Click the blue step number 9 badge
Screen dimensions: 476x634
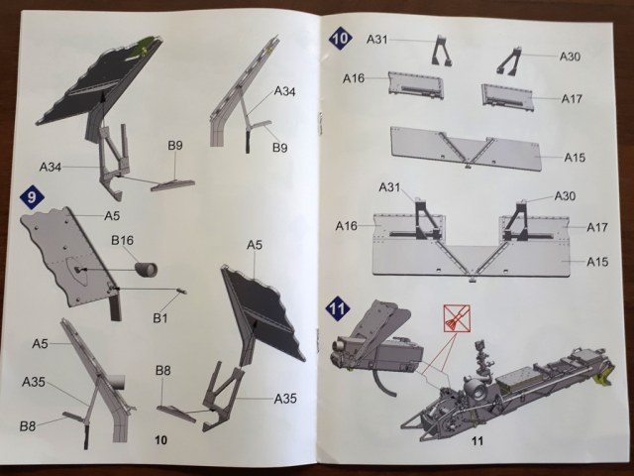[x=33, y=198]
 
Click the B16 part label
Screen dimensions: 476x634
[x=123, y=241]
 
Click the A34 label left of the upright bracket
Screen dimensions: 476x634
[x=53, y=166]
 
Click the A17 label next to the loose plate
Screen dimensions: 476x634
[x=571, y=98]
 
